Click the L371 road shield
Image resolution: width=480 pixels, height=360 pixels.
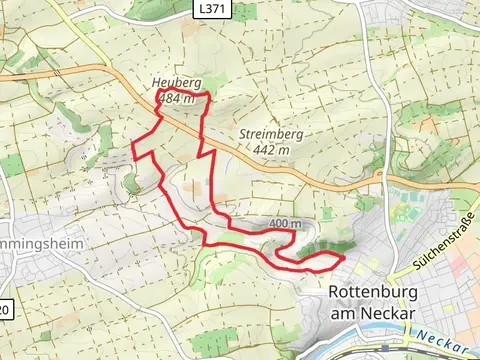coord(208,8)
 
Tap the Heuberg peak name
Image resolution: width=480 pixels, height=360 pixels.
coord(172,83)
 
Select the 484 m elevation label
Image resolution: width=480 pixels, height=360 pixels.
coord(175,98)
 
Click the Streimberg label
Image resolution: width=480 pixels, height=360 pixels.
coord(271,134)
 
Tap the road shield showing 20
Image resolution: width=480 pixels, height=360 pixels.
coord(5,310)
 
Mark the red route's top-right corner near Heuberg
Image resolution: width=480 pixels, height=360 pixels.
coord(210,95)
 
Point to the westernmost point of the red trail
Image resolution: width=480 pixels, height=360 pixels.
coord(133,150)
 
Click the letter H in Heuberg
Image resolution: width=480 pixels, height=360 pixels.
coord(156,83)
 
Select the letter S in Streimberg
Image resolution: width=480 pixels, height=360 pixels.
coord(243,134)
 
